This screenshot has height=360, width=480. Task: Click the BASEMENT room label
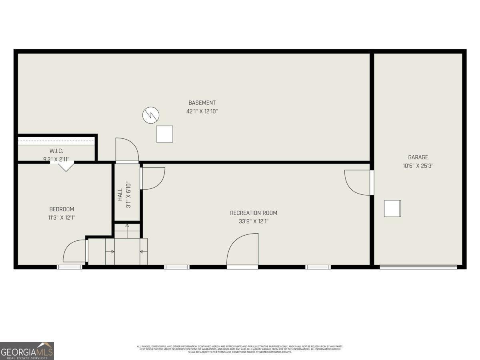tap(202, 103)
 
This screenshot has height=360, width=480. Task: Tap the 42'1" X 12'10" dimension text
tap(202, 111)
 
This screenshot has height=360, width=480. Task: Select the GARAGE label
tap(418, 157)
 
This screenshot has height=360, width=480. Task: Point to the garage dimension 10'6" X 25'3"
tap(418, 165)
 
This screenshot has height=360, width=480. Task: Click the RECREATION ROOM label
tap(253, 213)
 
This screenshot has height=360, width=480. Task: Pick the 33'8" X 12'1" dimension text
tap(253, 221)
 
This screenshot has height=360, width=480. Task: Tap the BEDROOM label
tap(62, 209)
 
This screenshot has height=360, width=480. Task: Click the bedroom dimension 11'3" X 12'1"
tap(62, 218)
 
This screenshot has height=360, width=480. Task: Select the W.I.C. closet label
tap(56, 151)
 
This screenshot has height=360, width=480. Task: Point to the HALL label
tap(120, 195)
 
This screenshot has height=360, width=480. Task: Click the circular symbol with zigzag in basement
tap(151, 115)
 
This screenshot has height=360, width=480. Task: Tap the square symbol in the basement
tap(164, 134)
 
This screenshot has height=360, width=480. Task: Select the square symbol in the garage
tap(392, 208)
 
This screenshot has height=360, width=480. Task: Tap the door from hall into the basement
tap(127, 150)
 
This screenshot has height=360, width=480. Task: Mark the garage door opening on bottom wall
tap(418, 267)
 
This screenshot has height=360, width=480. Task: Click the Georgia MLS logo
tap(27, 351)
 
